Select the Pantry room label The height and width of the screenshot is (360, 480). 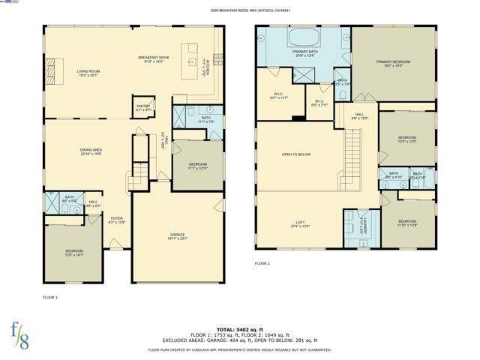point(143,106)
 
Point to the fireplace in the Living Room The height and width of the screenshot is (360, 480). point(52,63)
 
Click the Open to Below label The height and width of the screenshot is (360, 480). point(296,154)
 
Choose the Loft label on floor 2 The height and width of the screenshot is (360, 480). point(300,223)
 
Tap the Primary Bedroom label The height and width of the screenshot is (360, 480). point(394,63)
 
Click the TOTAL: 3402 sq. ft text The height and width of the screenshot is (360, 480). point(239,329)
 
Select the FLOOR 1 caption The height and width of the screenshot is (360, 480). point(50,298)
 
